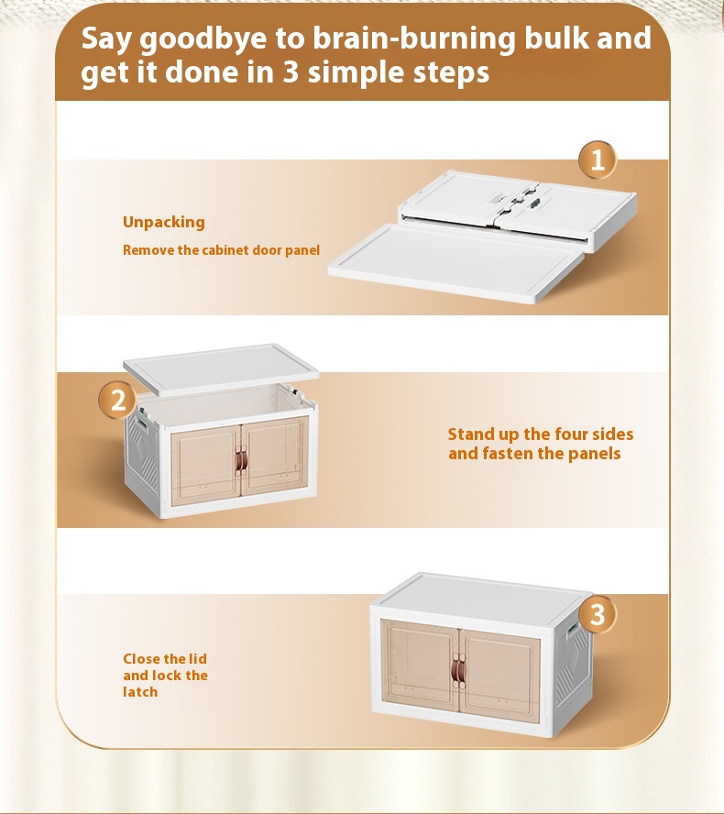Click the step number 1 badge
(598, 159)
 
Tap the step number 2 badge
(118, 401)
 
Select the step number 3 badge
(598, 615)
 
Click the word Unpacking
(163, 223)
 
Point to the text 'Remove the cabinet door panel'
(221, 250)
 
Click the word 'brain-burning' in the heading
(414, 38)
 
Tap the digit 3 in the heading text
(291, 71)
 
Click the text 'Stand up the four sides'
(541, 434)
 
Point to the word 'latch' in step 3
(140, 692)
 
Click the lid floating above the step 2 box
(221, 368)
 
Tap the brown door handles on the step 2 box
(241, 459)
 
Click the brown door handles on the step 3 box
(458, 670)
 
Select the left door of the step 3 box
(420, 664)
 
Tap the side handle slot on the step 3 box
(573, 631)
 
